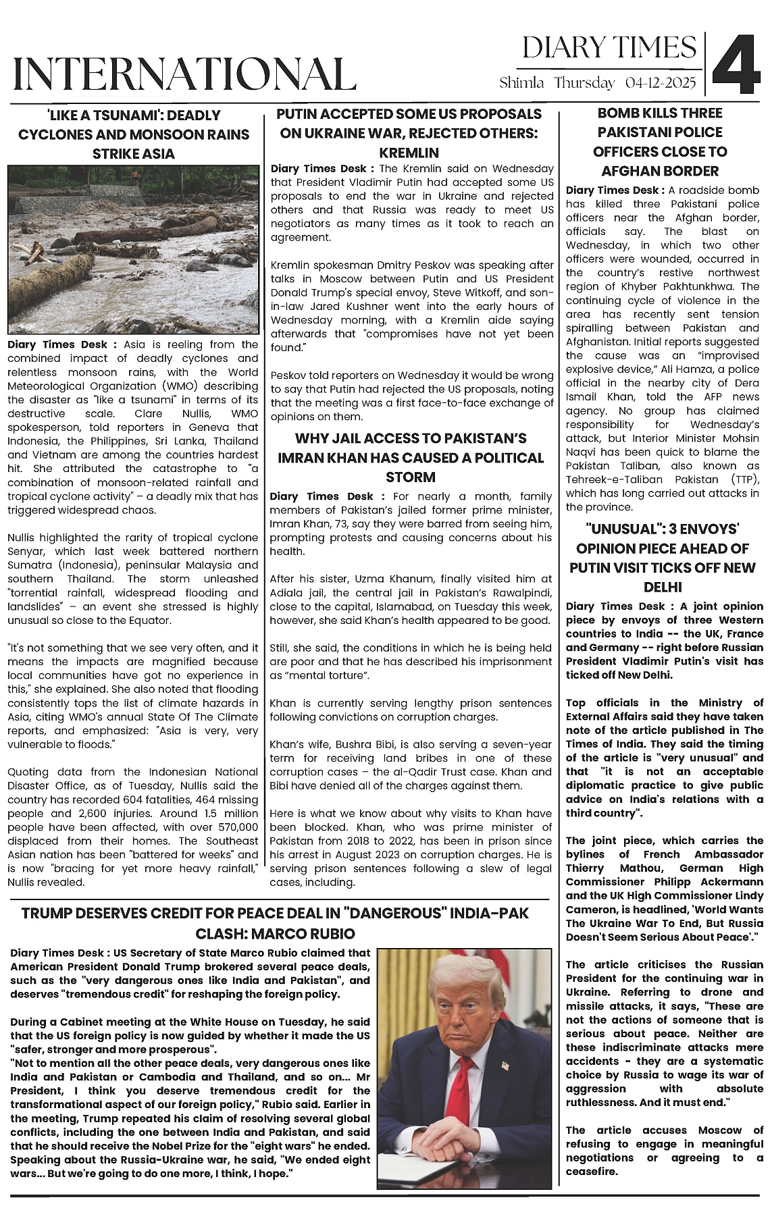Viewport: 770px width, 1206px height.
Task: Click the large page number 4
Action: click(x=736, y=65)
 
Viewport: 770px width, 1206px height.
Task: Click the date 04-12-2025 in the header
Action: click(x=660, y=83)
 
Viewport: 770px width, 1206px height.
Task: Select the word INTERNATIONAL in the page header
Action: click(x=184, y=74)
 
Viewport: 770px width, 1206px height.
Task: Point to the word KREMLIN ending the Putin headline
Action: click(x=409, y=153)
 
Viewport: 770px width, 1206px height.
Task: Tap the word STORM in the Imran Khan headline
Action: click(x=410, y=477)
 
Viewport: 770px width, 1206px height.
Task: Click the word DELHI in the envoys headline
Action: click(x=663, y=587)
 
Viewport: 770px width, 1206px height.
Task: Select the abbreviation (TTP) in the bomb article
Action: click(x=745, y=479)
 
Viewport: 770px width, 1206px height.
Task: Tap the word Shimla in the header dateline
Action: click(x=521, y=83)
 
